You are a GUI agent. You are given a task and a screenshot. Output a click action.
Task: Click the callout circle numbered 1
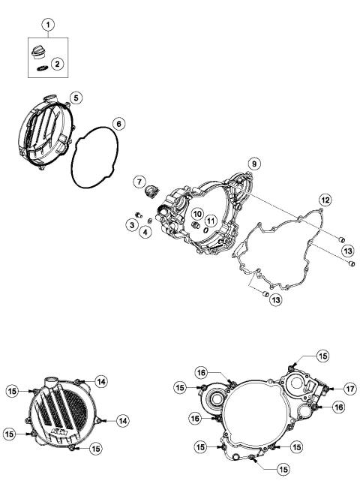click(x=49, y=26)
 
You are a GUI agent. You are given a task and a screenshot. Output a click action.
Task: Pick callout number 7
click(x=139, y=182)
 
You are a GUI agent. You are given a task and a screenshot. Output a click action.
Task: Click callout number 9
click(x=254, y=163)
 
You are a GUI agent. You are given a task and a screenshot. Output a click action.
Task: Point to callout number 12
click(x=325, y=200)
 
